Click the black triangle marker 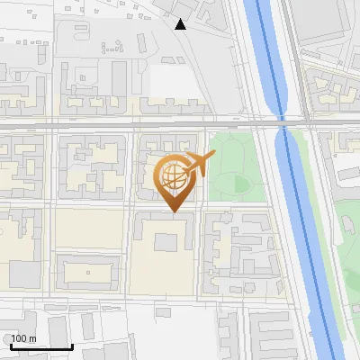point(181,24)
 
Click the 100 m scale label point(23,338)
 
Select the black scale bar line point(41,346)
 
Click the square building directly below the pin point(166,242)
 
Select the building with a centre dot point(87,271)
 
